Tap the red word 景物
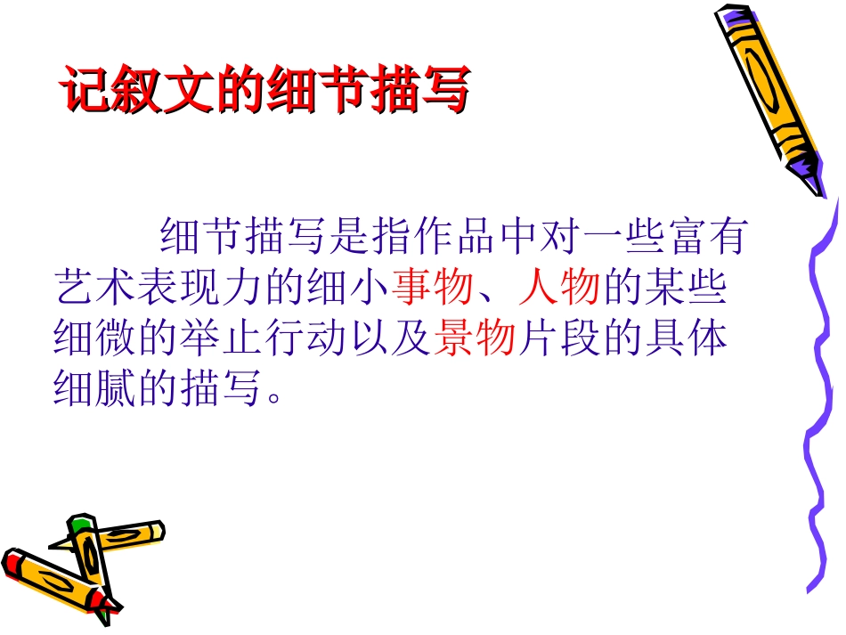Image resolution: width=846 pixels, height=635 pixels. click(476, 339)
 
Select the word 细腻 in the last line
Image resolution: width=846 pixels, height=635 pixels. click(95, 389)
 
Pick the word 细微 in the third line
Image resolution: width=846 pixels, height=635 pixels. click(95, 339)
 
